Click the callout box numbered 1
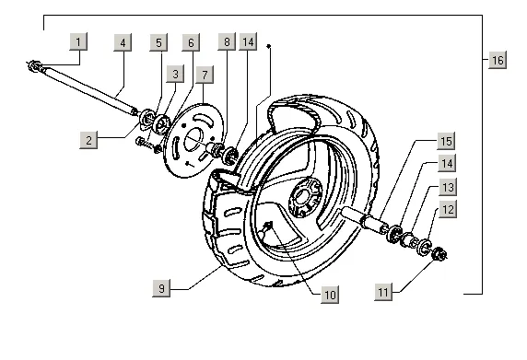click(x=78, y=41)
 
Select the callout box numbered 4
click(x=123, y=42)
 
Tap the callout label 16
click(x=498, y=60)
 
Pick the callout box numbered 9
click(x=161, y=288)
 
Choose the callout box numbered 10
click(x=330, y=295)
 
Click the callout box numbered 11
click(x=383, y=292)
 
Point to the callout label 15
click(x=446, y=141)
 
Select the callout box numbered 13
click(x=448, y=187)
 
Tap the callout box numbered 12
click(x=449, y=209)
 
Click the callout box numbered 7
click(x=205, y=75)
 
